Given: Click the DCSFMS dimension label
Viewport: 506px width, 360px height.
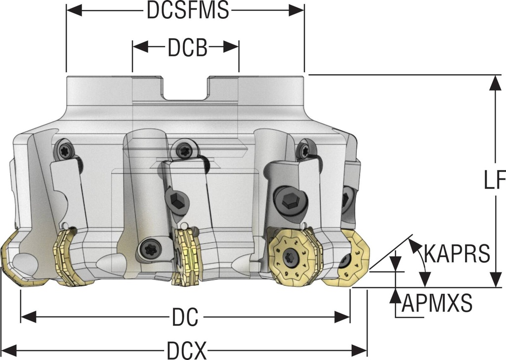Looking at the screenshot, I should (x=188, y=11).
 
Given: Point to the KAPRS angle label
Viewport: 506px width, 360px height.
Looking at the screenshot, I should (x=457, y=254).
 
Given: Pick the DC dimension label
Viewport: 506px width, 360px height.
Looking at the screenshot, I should (x=185, y=316).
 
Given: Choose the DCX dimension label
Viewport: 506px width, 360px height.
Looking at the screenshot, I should (x=186, y=351).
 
